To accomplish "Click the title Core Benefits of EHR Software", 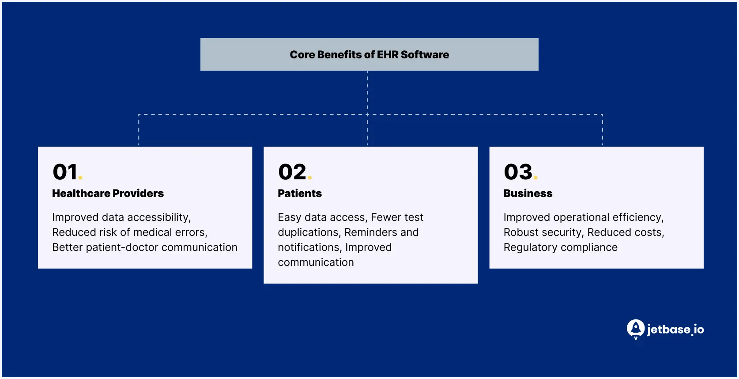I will [x=369, y=55].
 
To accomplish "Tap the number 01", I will [x=65, y=172].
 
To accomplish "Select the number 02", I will [x=292, y=172].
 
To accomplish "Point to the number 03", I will [x=518, y=172].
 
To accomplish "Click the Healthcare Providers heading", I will [x=108, y=193].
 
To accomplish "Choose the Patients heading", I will [x=299, y=193].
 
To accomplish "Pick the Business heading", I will [x=528, y=193].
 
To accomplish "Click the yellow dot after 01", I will [x=80, y=178].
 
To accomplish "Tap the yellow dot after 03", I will [x=535, y=178].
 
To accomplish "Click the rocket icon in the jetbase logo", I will [x=635, y=329].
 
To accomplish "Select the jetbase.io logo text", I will [x=675, y=330].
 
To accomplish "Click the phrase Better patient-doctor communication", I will [x=144, y=247].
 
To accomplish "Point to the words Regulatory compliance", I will [x=560, y=247].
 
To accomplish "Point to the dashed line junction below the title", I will [x=367, y=114].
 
